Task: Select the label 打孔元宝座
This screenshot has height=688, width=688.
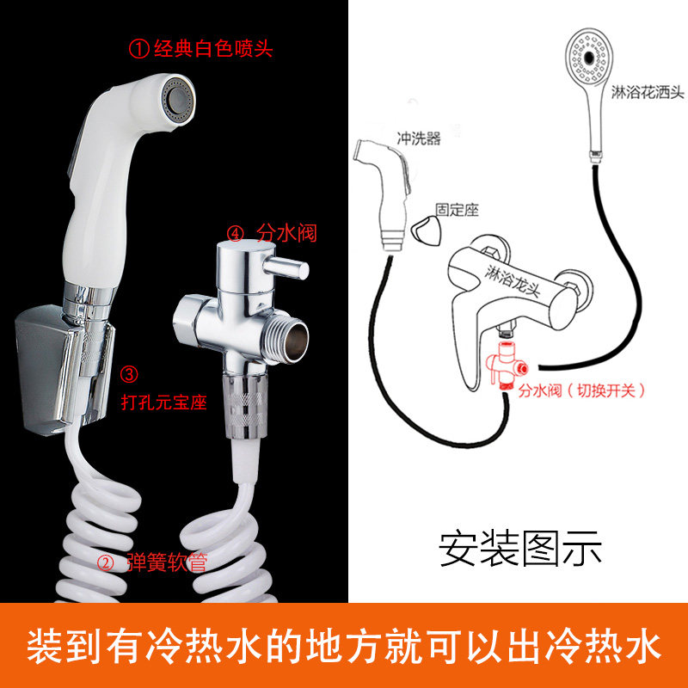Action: [163, 401]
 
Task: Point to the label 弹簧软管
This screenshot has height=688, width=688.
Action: [165, 564]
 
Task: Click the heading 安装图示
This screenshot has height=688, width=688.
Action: [519, 549]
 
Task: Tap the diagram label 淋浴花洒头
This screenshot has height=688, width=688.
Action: [647, 92]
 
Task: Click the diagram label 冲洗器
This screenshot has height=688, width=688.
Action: [418, 138]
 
